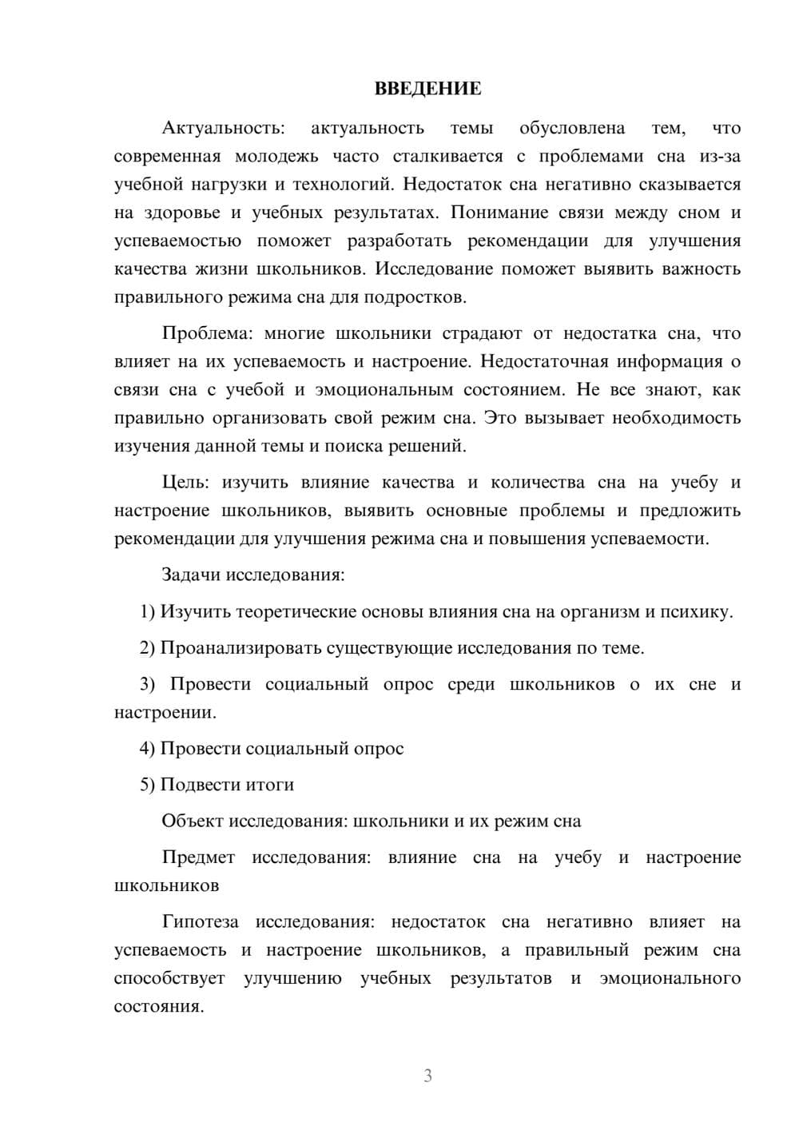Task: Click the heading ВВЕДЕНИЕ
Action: point(428,89)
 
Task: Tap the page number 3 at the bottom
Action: point(427,1076)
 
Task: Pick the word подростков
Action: point(414,297)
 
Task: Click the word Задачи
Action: point(193,575)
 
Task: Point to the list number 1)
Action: point(148,611)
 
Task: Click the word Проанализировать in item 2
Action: point(241,648)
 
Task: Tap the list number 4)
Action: point(148,749)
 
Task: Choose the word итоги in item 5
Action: point(271,785)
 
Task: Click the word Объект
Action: point(193,821)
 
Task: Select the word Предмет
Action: point(198,857)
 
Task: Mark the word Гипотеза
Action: point(201,921)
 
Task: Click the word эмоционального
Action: point(670,978)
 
